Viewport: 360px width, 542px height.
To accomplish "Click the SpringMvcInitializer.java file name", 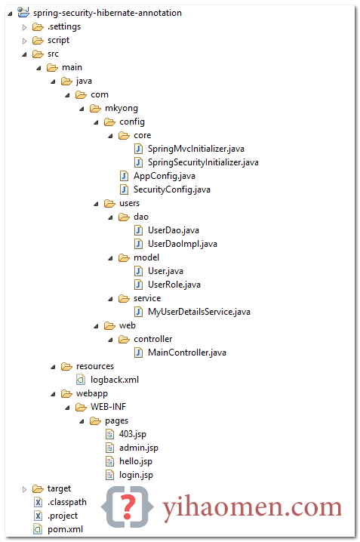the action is tap(196, 149).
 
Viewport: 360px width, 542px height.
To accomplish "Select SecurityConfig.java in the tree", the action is tap(172, 189).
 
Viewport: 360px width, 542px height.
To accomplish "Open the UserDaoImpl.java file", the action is tap(183, 244).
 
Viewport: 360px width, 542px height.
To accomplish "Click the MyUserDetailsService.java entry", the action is tap(199, 312).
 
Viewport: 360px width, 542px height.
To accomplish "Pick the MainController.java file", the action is tap(187, 353).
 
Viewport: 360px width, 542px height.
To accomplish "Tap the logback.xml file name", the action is tap(115, 380).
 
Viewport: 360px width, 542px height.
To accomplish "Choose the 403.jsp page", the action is tap(133, 434).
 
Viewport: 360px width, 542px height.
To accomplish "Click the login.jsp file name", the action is tap(136, 475).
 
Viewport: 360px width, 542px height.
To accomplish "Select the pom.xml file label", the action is tap(66, 529).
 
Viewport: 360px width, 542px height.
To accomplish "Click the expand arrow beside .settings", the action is tap(25, 27).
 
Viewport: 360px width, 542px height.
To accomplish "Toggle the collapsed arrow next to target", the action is tap(25, 489).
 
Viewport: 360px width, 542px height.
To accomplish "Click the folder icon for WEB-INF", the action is tap(81, 407).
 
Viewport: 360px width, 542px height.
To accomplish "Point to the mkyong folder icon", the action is tap(95, 109).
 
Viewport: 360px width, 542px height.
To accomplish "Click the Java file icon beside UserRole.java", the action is tap(138, 285).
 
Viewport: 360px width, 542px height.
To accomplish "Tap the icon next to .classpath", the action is tap(38, 502).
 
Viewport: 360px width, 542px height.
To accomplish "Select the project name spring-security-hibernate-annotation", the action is tap(107, 13).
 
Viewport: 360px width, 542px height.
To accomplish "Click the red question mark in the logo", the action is tap(128, 507).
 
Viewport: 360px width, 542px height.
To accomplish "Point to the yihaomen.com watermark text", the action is tap(252, 507).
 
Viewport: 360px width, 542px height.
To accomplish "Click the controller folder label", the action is tap(153, 339).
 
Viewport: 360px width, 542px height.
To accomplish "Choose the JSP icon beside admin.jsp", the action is tap(109, 448).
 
